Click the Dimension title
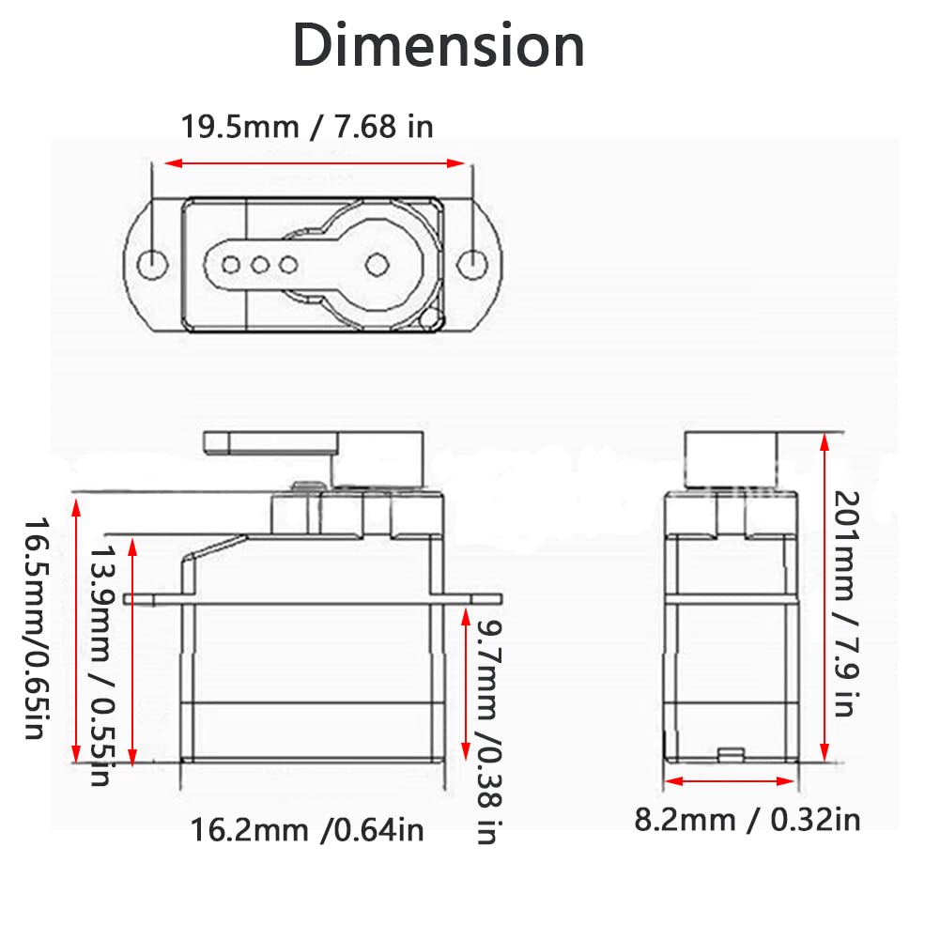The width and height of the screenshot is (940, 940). coord(439,46)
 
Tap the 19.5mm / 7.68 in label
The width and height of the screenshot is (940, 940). coord(307,127)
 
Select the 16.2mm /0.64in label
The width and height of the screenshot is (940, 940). coord(307,830)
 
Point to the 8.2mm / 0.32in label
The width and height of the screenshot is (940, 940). coord(747,820)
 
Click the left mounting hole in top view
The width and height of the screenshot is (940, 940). coord(152,264)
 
